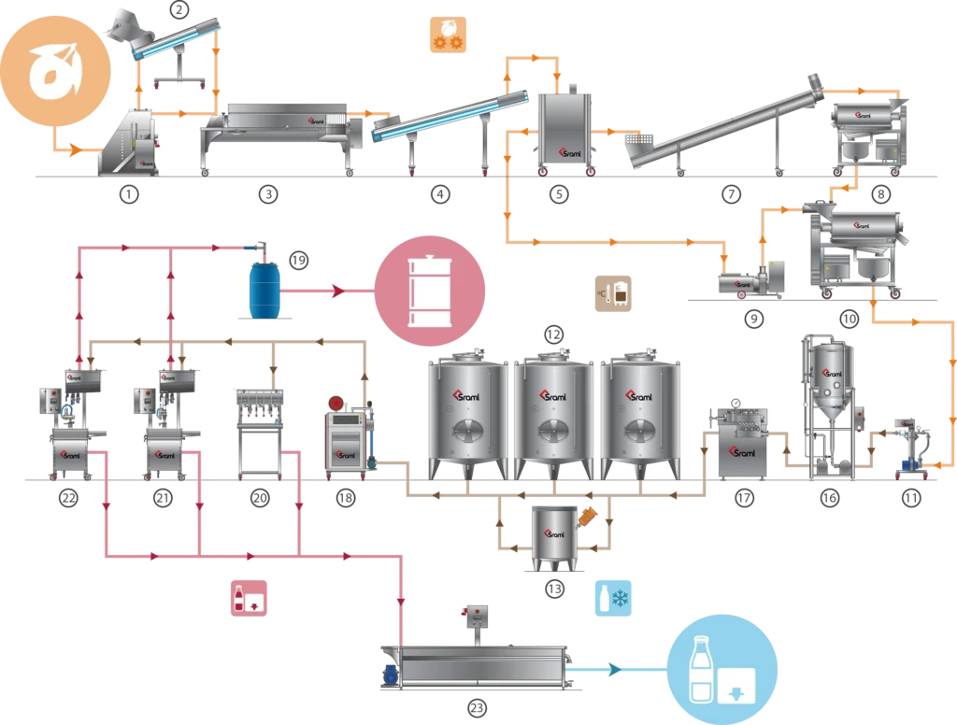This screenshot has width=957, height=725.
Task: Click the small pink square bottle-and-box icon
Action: pos(249,598)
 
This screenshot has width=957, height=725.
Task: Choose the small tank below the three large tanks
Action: pos(555,537)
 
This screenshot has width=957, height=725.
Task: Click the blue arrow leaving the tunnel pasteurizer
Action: pos(614,668)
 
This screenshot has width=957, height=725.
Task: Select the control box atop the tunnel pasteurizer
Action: pos(478,616)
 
